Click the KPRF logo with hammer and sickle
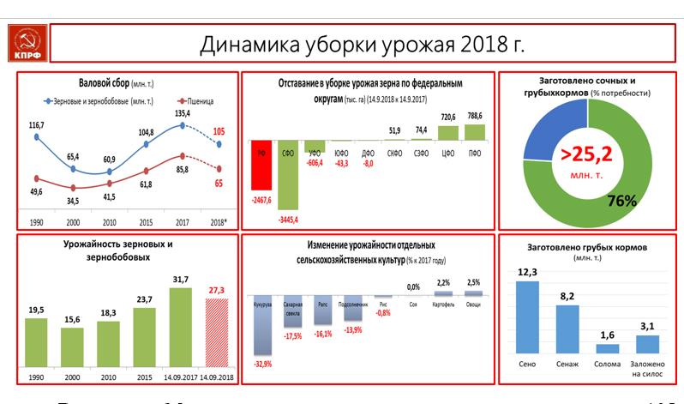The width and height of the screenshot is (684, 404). (x=27, y=43)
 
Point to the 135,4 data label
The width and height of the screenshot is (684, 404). (x=183, y=113)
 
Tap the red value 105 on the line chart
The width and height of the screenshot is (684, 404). (x=219, y=131)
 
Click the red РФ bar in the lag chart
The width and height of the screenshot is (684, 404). (x=261, y=165)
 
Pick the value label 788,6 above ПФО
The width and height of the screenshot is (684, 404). (x=474, y=116)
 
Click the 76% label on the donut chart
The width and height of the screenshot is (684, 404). (x=621, y=201)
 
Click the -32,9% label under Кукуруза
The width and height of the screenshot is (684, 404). (x=262, y=363)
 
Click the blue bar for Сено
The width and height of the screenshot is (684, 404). (x=527, y=317)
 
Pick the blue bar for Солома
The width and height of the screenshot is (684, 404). (x=607, y=347)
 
